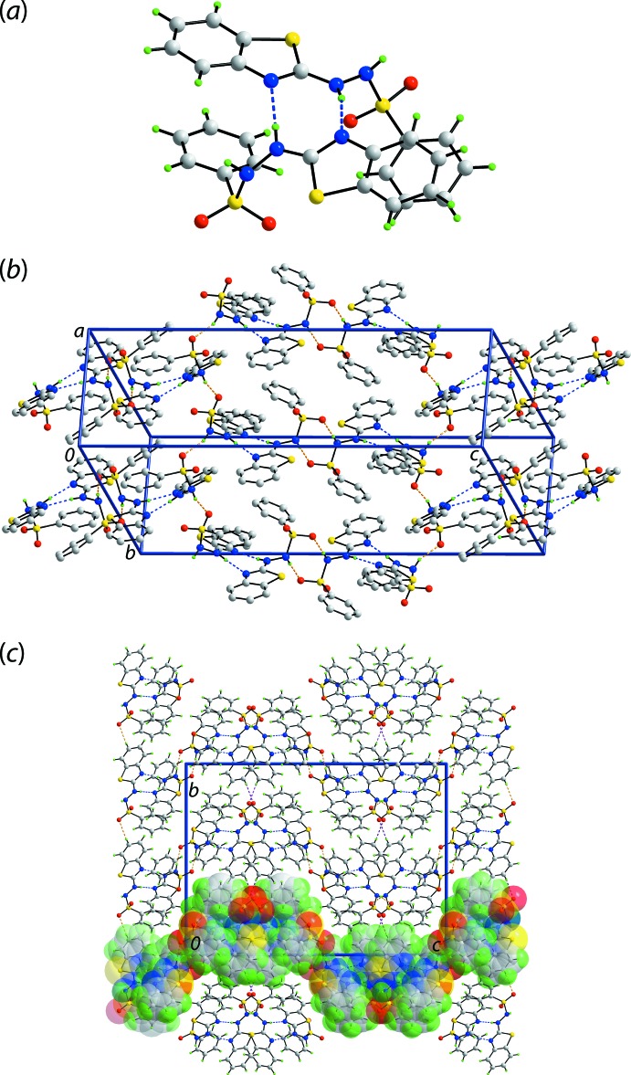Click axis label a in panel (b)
[x=80, y=332]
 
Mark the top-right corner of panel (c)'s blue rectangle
[x=446, y=764]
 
